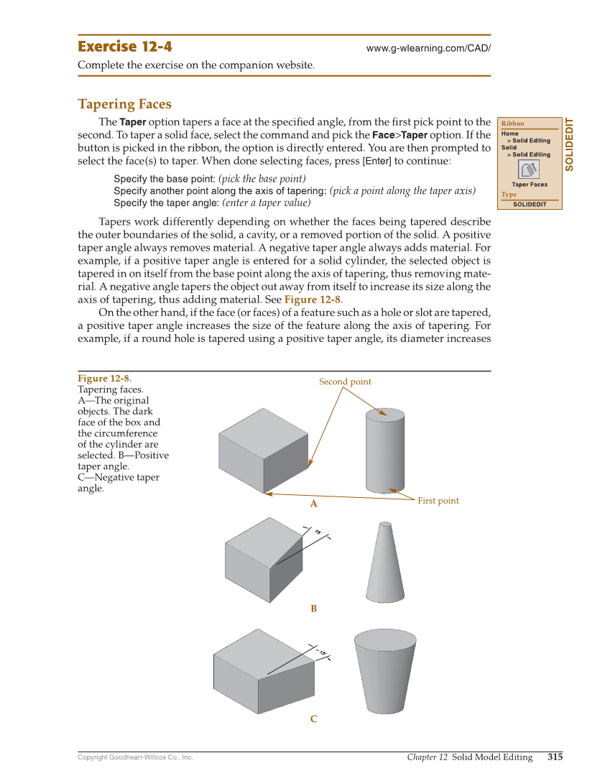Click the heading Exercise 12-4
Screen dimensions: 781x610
125,47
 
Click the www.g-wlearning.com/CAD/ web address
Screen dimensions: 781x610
428,48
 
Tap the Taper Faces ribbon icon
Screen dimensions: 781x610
529,170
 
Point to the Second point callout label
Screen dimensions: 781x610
345,382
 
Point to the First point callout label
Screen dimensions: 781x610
438,500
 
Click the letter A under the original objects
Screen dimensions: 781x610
313,504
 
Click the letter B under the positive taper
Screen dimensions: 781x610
313,609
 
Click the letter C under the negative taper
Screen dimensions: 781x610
313,718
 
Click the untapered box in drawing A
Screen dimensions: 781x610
264,451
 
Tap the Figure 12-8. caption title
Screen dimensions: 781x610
104,379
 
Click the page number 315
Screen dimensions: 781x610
555,757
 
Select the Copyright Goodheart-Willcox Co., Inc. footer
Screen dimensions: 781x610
135,757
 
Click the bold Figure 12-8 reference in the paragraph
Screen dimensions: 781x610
313,300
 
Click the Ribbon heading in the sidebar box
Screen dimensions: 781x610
513,124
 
